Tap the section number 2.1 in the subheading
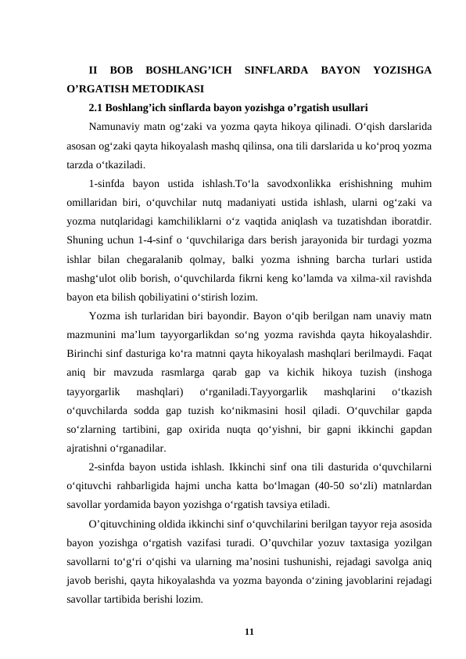click(x=97, y=108)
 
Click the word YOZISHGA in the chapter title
click(x=402, y=70)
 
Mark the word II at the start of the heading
click(x=93, y=70)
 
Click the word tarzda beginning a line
click(x=81, y=164)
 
